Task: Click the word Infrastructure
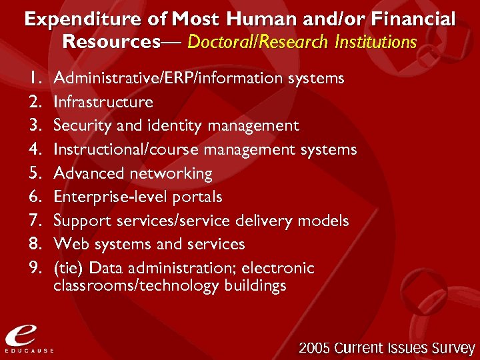[103, 102]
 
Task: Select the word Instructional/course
[127, 149]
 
